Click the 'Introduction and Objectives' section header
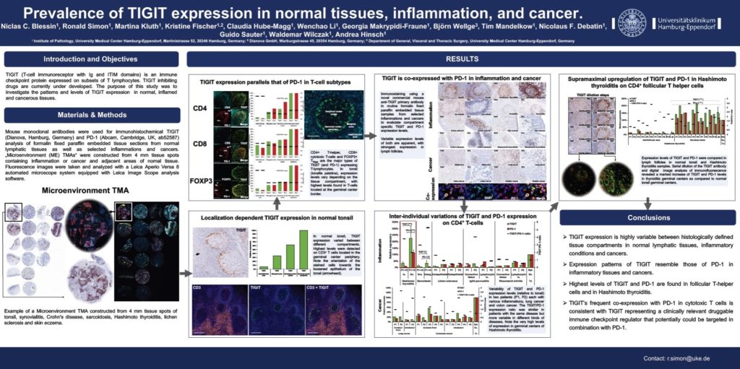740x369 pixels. click(x=92, y=59)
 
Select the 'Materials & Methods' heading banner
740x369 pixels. click(x=92, y=115)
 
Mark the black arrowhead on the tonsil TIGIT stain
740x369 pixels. click(x=199, y=254)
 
